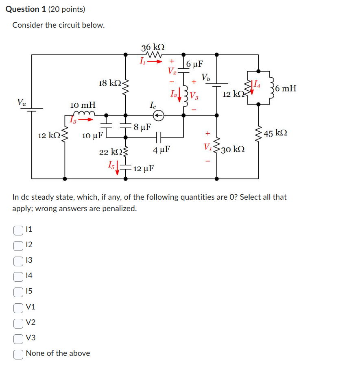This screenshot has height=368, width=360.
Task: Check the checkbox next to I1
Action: (x=18, y=230)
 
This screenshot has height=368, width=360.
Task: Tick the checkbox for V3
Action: (x=18, y=338)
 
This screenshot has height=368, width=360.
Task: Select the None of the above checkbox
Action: (x=18, y=353)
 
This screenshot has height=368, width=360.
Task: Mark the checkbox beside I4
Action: (x=18, y=276)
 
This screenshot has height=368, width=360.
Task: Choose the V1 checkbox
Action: (x=18, y=307)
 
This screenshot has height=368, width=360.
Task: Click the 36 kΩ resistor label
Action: (x=153, y=47)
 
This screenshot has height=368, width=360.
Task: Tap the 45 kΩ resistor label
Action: (x=275, y=133)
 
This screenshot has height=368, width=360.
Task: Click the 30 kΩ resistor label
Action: (x=233, y=149)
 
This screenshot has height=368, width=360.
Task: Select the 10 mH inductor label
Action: (x=83, y=105)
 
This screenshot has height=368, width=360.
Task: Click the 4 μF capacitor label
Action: (x=161, y=150)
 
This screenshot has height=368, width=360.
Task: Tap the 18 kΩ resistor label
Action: (x=109, y=83)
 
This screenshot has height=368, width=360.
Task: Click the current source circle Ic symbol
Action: (x=159, y=116)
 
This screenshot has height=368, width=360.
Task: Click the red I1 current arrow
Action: (x=154, y=62)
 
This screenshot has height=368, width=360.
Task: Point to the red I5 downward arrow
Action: (x=118, y=167)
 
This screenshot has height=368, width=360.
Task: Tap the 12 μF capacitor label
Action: (x=143, y=168)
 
